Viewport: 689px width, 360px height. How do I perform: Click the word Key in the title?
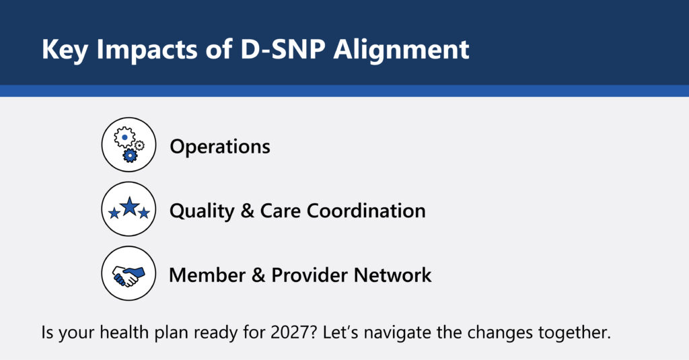(x=65, y=50)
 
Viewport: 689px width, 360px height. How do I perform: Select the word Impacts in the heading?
(x=147, y=50)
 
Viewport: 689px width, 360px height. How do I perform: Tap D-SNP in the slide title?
(x=283, y=49)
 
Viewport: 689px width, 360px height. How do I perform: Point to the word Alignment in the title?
(x=401, y=50)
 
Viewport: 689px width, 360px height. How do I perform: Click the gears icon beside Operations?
(x=129, y=145)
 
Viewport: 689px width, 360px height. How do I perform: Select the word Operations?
(x=220, y=147)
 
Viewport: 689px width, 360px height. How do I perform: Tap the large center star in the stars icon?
(x=129, y=206)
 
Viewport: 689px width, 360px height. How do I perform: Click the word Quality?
(x=202, y=211)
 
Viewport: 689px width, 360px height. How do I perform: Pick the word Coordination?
(x=366, y=211)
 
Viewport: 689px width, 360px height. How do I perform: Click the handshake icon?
(x=129, y=276)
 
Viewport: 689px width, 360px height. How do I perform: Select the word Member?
(x=207, y=275)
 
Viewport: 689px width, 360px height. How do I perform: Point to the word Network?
(x=392, y=275)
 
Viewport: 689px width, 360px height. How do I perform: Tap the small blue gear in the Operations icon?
(x=130, y=155)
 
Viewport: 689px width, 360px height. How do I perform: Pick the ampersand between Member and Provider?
(x=258, y=275)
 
